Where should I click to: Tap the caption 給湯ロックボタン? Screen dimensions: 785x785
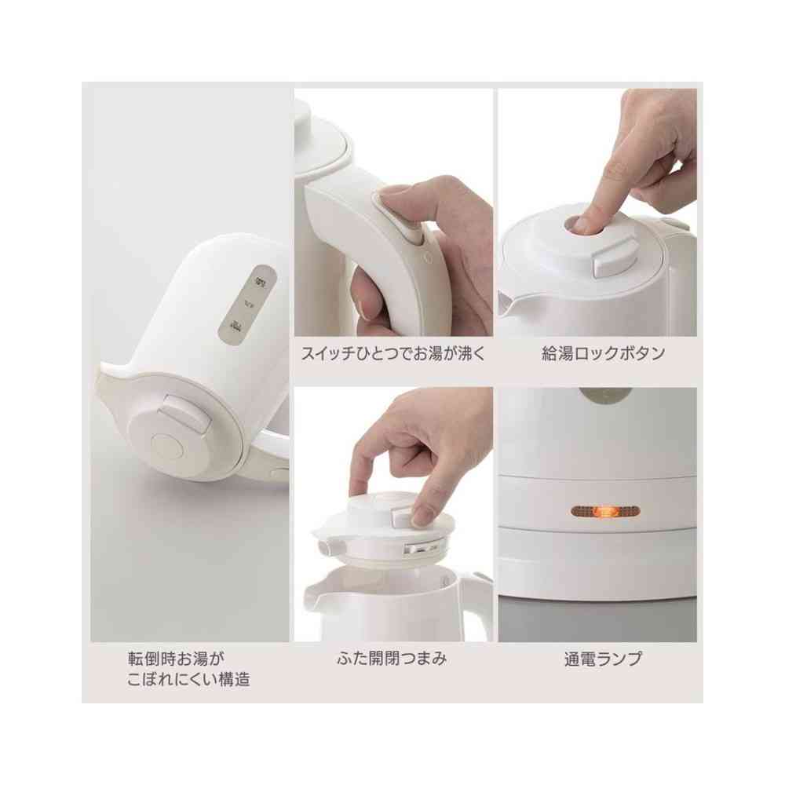coord(603,353)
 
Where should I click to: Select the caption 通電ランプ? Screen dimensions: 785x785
coord(603,659)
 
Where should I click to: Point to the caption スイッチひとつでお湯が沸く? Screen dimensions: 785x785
coord(393,353)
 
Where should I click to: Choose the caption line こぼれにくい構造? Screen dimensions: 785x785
coord(189,680)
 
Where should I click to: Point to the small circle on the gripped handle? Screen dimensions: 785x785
coord(426,256)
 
